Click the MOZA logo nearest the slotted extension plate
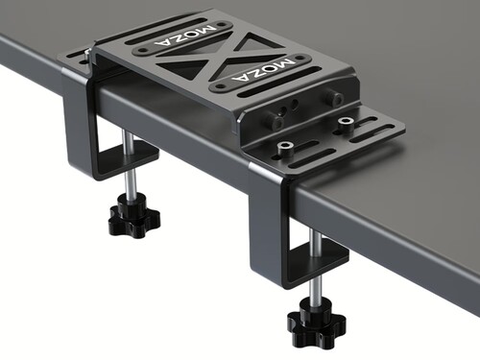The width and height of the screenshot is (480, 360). click(263, 71)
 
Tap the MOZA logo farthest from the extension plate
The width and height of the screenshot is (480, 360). click(184, 36)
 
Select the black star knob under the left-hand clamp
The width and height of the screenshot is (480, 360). click(134, 215)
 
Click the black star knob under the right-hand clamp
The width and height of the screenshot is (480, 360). click(317, 323)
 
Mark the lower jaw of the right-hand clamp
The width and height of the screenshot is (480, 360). click(317, 262)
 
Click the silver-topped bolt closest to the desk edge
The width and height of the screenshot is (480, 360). click(284, 149)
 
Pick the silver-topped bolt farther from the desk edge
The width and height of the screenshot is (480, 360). click(346, 124)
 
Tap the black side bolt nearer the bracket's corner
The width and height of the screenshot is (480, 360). click(276, 122)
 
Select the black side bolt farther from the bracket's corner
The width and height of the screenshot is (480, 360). click(335, 99)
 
